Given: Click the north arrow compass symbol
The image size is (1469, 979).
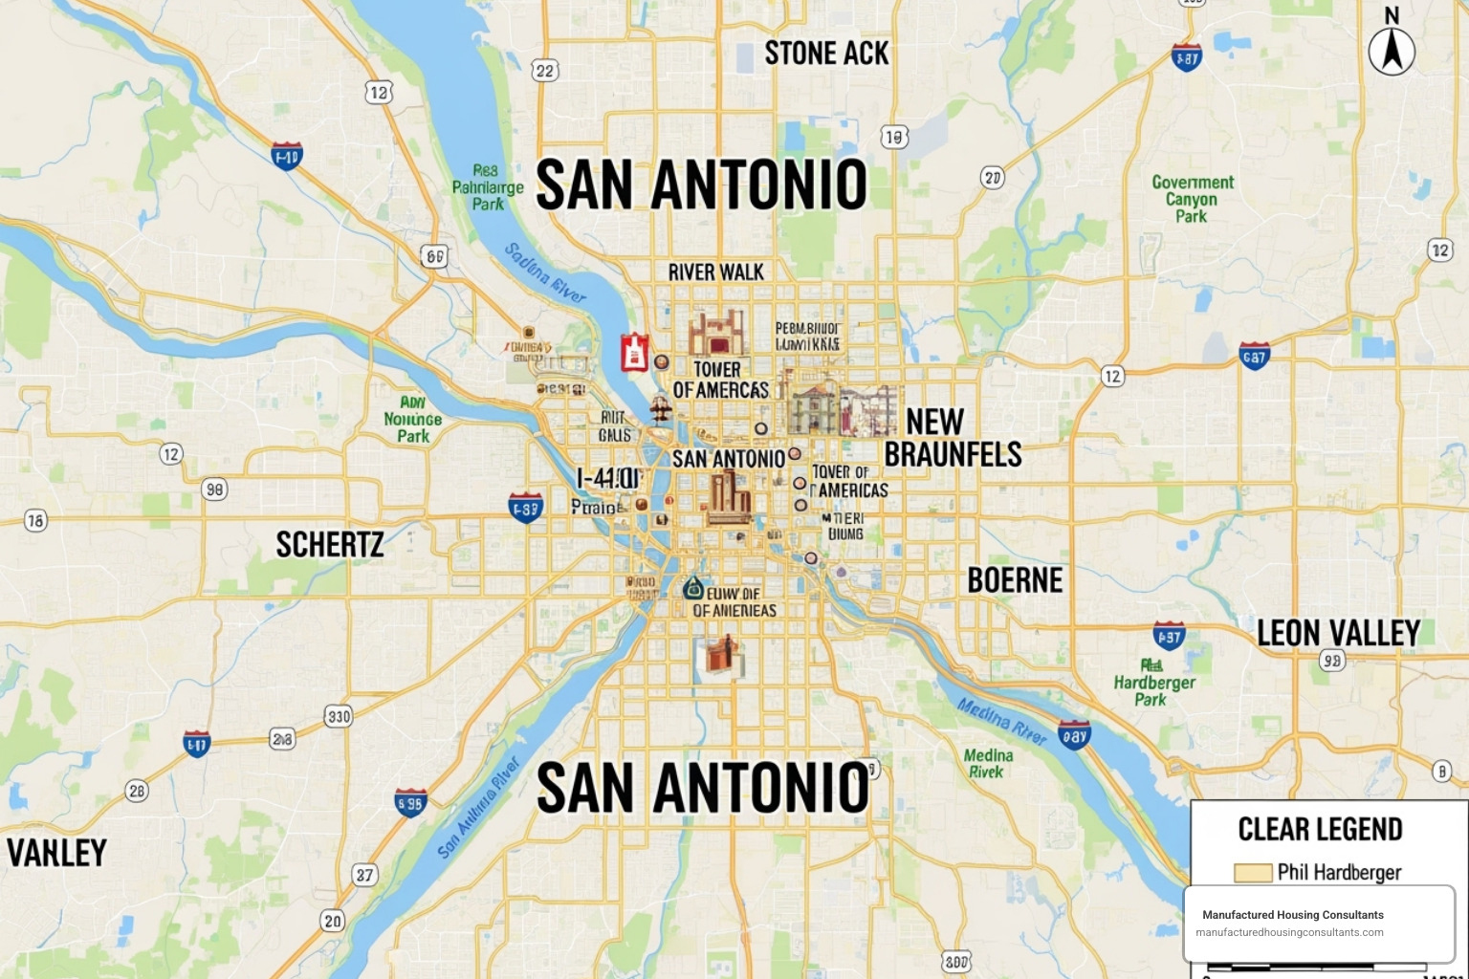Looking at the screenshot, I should (1392, 49).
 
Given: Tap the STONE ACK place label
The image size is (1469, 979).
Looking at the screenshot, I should (826, 54).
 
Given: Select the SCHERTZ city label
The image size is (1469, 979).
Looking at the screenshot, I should (330, 545).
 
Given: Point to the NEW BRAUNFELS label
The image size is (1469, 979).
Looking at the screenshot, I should (953, 438).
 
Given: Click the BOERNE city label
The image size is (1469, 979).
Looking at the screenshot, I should (1015, 580).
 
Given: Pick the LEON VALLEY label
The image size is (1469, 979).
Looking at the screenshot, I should (1338, 633).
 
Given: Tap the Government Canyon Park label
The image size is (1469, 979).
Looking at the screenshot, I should (1192, 199).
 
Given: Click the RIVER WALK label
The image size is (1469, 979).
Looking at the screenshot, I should (715, 272).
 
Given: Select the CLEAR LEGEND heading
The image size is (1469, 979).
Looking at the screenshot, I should (1320, 829).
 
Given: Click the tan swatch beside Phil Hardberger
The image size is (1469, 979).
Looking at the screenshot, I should (1253, 872).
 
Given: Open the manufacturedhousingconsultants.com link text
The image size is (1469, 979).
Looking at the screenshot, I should (1289, 932).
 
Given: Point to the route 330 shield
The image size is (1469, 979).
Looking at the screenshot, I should (339, 716).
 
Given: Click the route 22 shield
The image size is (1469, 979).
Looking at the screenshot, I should (545, 71).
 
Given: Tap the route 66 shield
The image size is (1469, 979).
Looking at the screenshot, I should (434, 256).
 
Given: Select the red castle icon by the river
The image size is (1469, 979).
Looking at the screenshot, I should (634, 352).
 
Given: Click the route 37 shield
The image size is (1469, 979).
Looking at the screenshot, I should (364, 875).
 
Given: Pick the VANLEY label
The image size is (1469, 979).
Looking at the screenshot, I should (56, 853).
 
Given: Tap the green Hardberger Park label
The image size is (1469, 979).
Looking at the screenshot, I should (1153, 683).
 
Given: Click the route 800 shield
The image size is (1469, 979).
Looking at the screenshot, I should (955, 962).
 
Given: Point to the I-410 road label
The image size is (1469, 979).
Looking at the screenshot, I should (608, 478).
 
